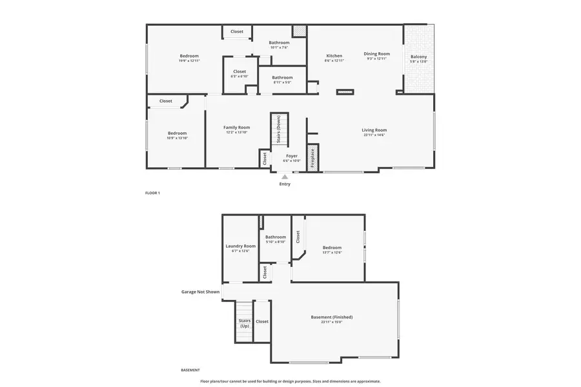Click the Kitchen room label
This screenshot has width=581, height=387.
point(334,56)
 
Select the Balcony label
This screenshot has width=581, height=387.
point(418,57)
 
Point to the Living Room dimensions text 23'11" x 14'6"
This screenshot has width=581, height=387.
point(374,135)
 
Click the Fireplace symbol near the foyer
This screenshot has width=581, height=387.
point(312,158)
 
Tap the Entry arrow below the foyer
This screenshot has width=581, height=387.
point(285,175)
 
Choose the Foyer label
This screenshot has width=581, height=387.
point(292,156)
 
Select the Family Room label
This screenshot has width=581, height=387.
point(236,127)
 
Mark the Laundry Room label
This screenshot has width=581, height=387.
point(240,246)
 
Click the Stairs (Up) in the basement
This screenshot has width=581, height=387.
point(245,321)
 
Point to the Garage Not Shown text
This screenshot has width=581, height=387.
point(200,292)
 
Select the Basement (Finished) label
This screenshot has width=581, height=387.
point(331,317)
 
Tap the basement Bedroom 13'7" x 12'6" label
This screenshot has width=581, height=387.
point(332,248)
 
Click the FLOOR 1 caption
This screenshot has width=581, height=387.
point(152,193)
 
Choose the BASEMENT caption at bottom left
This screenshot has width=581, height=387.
point(190,370)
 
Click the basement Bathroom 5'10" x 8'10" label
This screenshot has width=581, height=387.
point(276,237)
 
